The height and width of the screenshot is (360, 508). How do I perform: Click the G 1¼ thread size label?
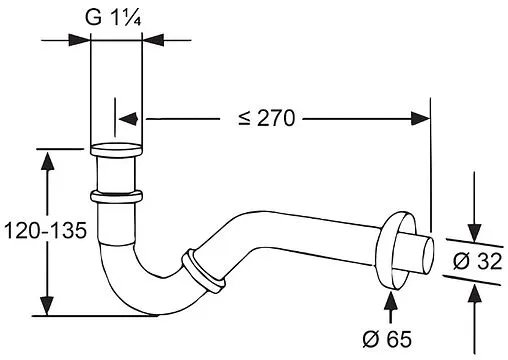tap(113, 17)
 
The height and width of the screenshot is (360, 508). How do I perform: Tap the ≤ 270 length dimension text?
tap(267, 118)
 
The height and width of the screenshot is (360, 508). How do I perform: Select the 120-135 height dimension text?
tap(45, 230)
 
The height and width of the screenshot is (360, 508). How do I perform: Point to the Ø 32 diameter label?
tap(477, 261)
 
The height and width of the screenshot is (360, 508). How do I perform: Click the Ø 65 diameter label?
tap(387, 339)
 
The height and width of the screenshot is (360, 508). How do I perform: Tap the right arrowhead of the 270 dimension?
tap(420, 118)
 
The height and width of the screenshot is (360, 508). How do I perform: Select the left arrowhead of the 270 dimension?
tap(129, 119)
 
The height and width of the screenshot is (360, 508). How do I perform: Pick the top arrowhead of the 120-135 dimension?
tap(48, 161)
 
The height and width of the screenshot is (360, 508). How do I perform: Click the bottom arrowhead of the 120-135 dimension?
tap(48, 305)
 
